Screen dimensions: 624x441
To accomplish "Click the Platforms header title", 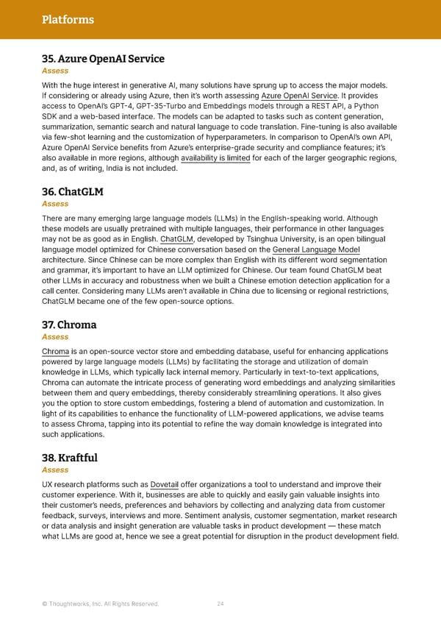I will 68,19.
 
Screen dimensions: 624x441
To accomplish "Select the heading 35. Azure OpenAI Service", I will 103,58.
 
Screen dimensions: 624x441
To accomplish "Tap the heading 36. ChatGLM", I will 72,191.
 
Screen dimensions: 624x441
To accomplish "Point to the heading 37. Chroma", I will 69,325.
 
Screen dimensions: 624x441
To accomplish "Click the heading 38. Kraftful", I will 70,458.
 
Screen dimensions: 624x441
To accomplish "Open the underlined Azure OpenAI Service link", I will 299,96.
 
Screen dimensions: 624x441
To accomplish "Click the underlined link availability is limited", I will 215,157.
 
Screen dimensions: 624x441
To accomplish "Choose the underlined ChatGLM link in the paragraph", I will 176,239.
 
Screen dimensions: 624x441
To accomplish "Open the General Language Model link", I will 320,249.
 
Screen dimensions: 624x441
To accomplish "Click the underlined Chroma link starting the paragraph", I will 55,352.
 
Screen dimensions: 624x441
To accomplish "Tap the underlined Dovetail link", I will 164,484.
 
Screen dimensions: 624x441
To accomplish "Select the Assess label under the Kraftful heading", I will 55,469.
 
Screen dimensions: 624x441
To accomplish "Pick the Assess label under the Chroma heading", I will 55,336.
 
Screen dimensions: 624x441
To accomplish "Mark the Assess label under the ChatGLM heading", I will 55,204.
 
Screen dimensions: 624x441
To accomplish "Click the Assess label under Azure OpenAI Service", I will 55,71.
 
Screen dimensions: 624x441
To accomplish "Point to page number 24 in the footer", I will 220,604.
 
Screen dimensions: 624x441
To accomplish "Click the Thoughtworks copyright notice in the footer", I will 100,604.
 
